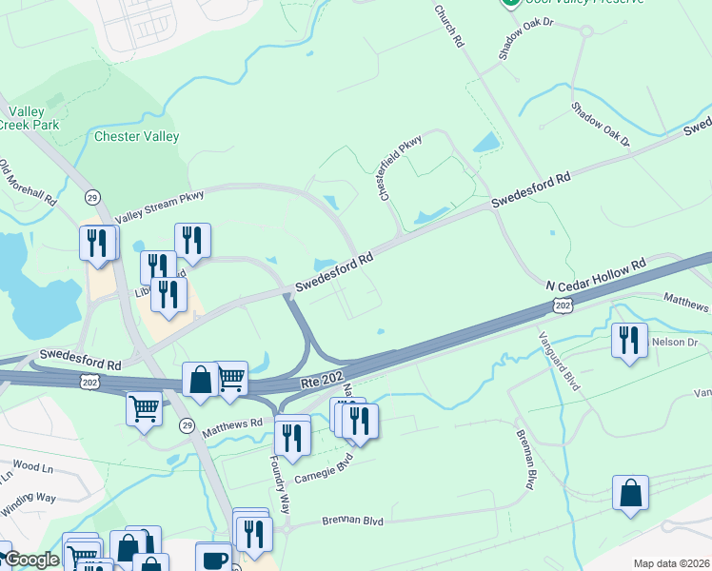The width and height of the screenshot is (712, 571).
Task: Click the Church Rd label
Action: click(x=448, y=28)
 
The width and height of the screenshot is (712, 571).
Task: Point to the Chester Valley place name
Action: click(x=137, y=136)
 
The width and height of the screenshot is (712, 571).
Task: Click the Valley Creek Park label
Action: click(x=30, y=118)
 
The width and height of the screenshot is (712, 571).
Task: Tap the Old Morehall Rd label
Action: click(x=29, y=184)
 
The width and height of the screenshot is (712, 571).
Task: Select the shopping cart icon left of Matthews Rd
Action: click(x=144, y=408)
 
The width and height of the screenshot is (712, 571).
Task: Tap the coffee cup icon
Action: click(x=213, y=558)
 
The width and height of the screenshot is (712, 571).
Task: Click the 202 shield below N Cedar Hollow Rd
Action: click(x=563, y=305)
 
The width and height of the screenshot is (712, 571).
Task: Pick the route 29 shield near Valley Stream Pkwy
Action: click(x=92, y=197)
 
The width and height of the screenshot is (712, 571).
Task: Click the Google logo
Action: click(x=31, y=560)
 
